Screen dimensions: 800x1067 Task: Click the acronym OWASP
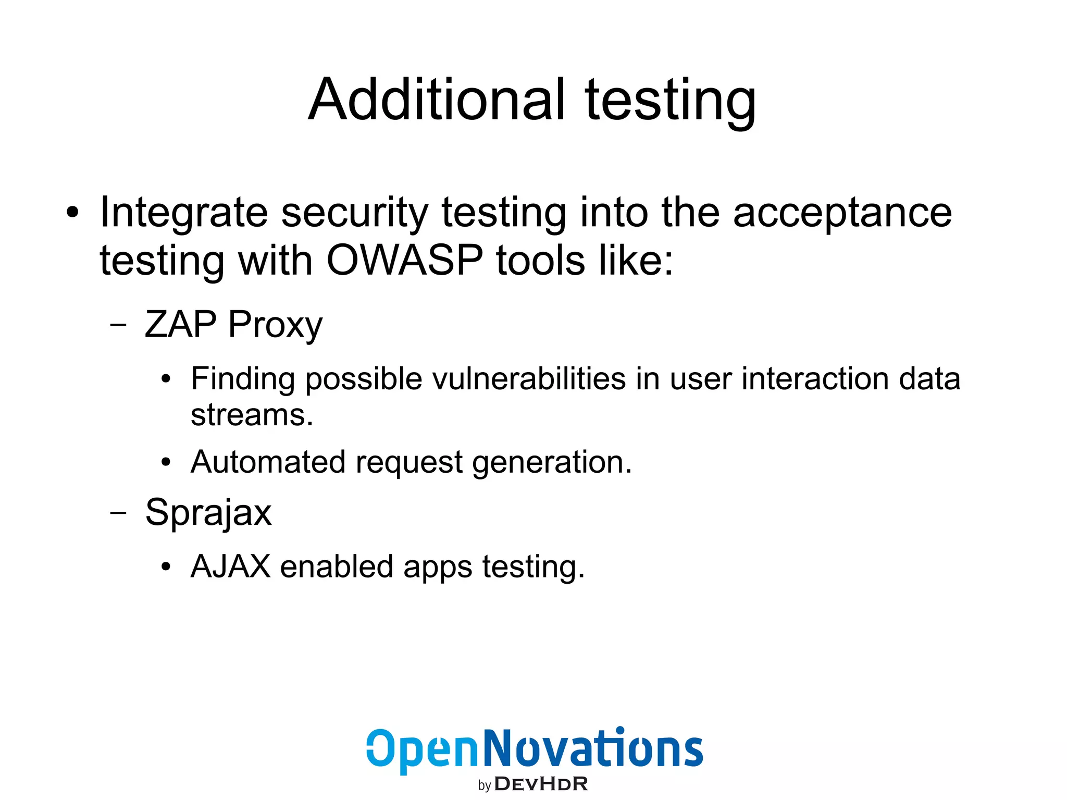405,260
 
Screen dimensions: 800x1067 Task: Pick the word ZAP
180,324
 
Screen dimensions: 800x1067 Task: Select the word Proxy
275,325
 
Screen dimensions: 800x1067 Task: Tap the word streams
252,415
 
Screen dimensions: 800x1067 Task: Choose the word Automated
268,462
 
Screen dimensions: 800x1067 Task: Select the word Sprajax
208,513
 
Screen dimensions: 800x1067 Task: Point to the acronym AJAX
231,566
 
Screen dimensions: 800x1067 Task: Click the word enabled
337,566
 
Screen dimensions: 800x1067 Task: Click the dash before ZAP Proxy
118,325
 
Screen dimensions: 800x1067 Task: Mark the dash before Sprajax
118,512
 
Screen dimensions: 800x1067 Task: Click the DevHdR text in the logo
541,784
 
